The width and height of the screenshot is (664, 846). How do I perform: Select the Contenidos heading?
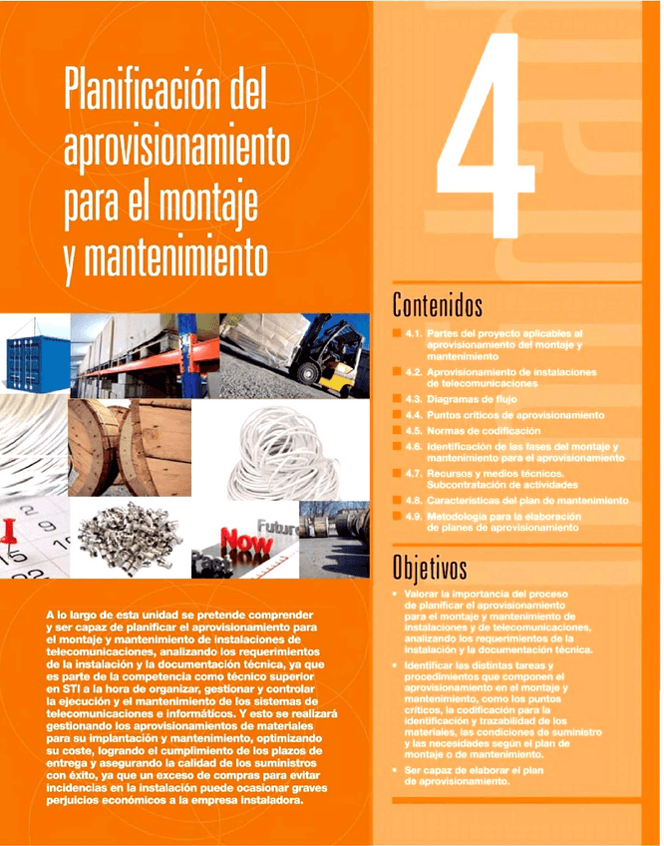pyautogui.click(x=438, y=302)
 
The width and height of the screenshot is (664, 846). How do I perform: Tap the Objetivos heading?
pyautogui.click(x=430, y=569)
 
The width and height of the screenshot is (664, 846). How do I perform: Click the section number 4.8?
pyautogui.click(x=417, y=500)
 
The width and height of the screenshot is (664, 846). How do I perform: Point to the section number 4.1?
pyautogui.click(x=417, y=331)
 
